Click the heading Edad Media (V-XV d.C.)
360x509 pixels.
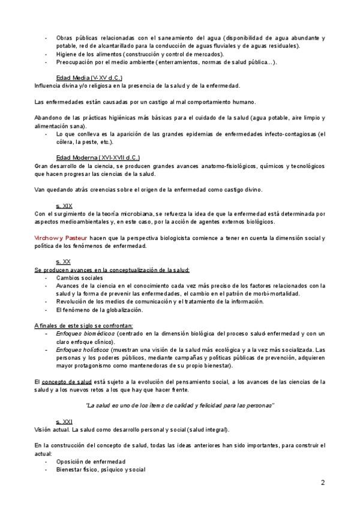point(89,78)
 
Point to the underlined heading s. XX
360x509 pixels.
point(63,262)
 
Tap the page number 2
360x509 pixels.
point(322,483)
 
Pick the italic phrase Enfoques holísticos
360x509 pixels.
point(83,349)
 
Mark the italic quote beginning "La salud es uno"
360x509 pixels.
point(180,406)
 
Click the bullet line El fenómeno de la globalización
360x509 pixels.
point(99,310)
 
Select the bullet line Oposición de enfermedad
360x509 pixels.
point(91,462)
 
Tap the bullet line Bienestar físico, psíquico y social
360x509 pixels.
point(100,469)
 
